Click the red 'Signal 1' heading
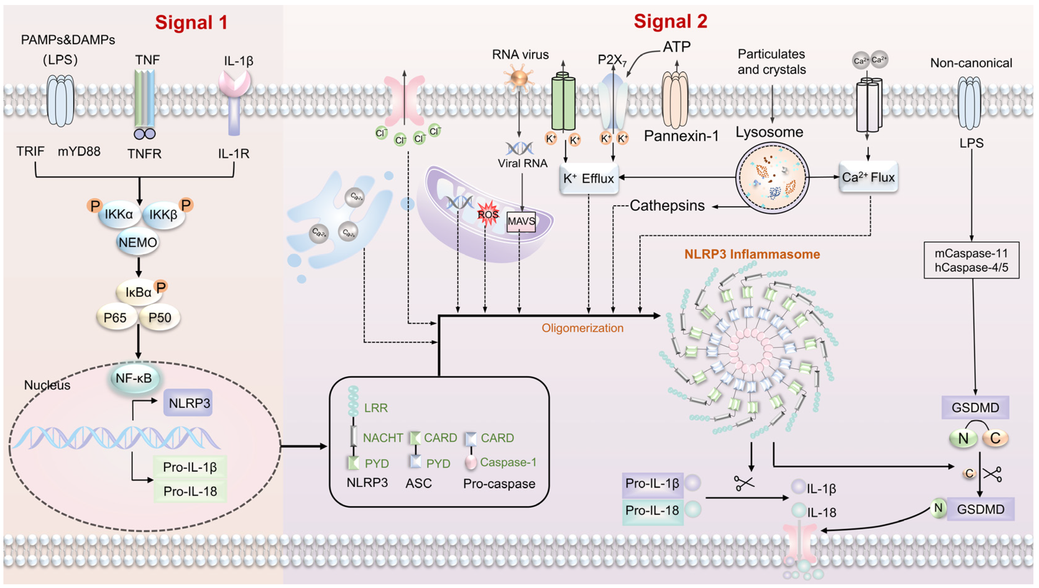click(191, 23)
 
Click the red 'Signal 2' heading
click(670, 21)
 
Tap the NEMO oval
click(138, 242)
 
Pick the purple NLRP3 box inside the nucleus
click(188, 403)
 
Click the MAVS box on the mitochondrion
click(521, 222)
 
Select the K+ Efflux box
click(589, 178)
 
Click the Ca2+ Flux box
click(868, 177)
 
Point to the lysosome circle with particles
click(772, 178)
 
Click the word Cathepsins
click(667, 205)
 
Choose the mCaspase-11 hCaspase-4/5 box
click(971, 260)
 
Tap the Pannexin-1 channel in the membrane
click(675, 99)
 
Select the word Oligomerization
click(582, 328)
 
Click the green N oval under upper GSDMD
click(963, 438)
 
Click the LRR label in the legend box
click(375, 408)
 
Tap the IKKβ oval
click(163, 215)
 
